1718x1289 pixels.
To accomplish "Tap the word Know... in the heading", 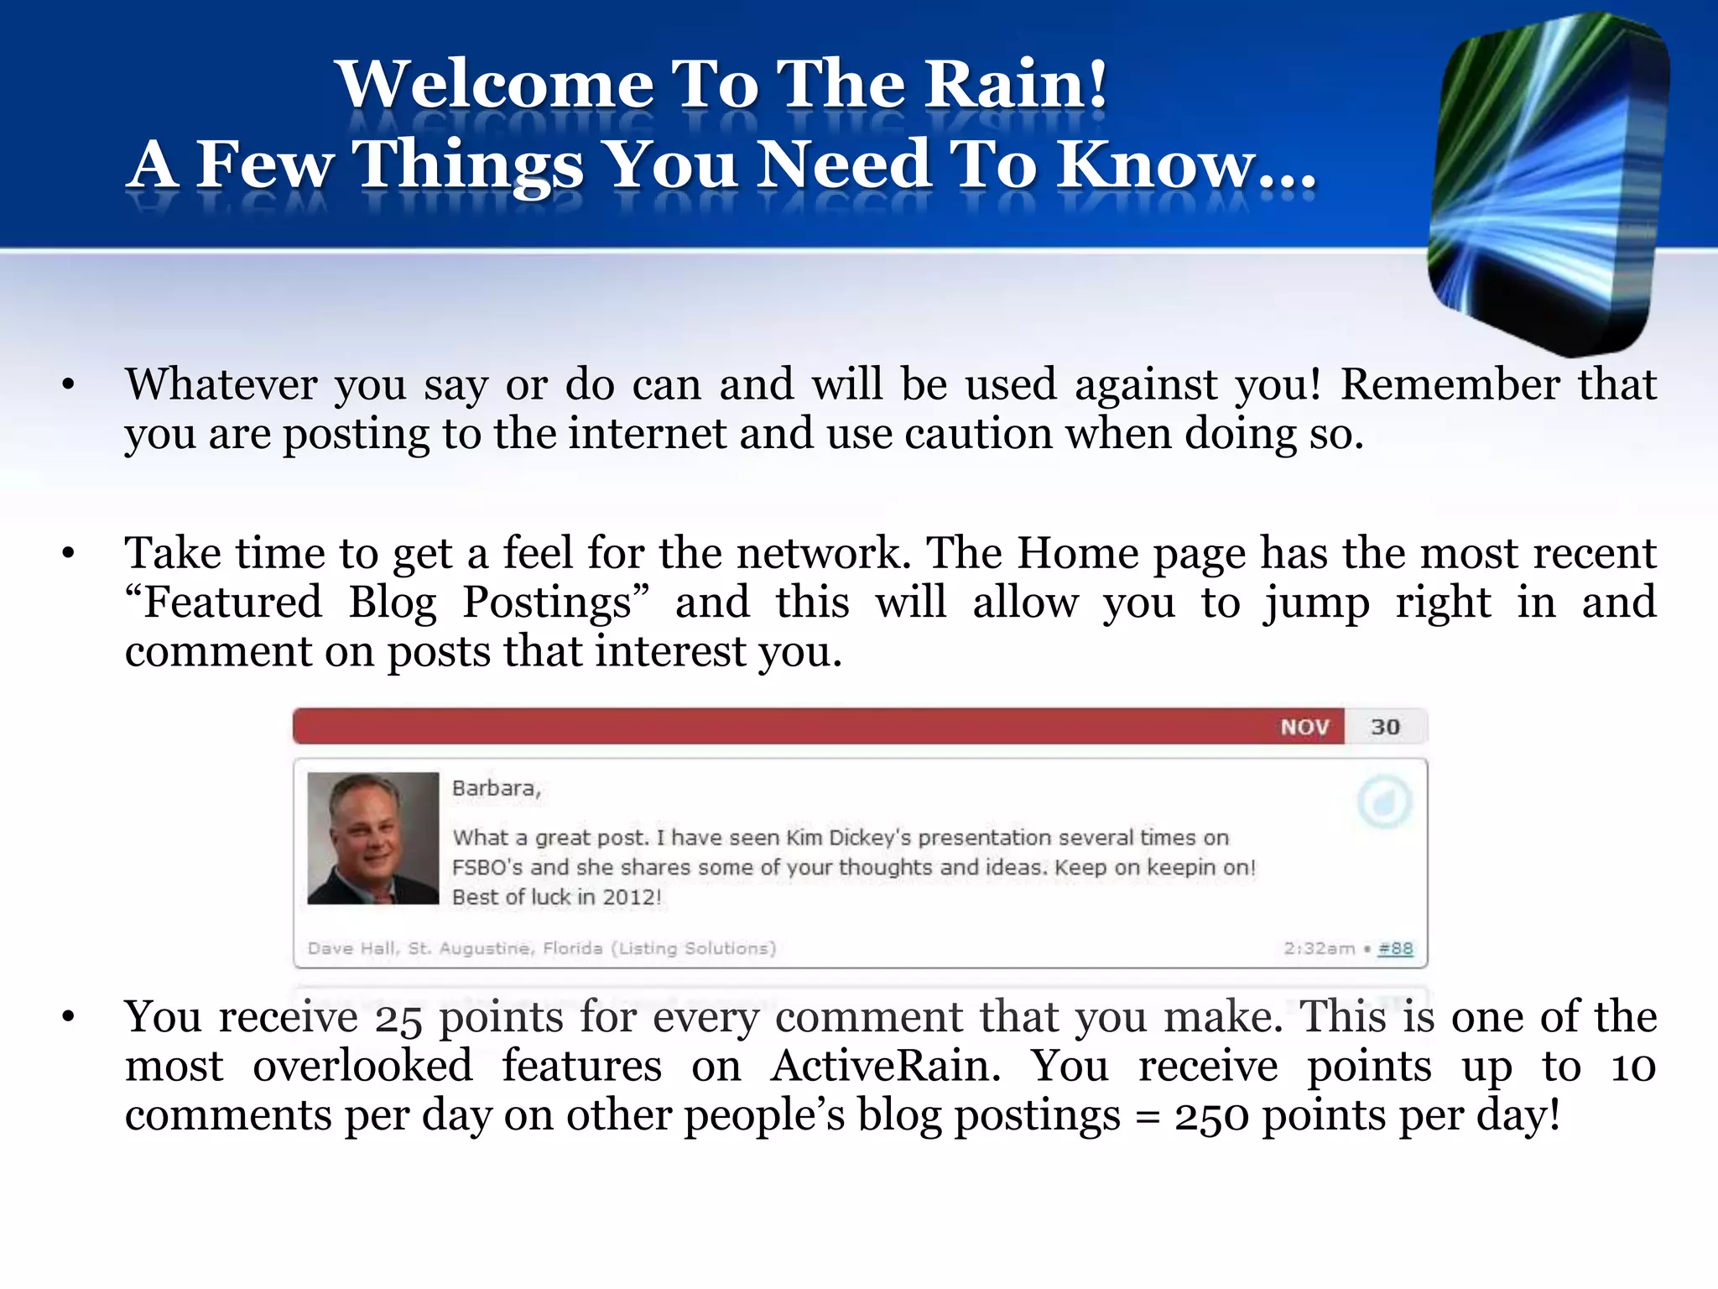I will point(1184,164).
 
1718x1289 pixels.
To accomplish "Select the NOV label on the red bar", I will point(1304,727).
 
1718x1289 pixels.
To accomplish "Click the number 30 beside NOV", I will point(1385,727).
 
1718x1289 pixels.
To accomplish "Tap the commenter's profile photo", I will point(372,838).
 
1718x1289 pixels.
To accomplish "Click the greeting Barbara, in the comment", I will point(496,788).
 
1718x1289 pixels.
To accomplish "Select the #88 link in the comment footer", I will point(1395,948).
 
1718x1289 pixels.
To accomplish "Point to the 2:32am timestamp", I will point(1319,948).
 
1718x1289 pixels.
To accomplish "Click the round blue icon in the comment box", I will point(1384,802).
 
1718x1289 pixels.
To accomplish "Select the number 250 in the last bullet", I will point(1211,1116).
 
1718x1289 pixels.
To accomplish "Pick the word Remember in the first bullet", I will point(1450,385).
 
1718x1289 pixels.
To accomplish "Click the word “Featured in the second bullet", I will point(223,603).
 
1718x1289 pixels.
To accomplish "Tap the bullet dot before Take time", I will point(69,553).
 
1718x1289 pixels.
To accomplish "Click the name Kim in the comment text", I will point(804,838).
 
